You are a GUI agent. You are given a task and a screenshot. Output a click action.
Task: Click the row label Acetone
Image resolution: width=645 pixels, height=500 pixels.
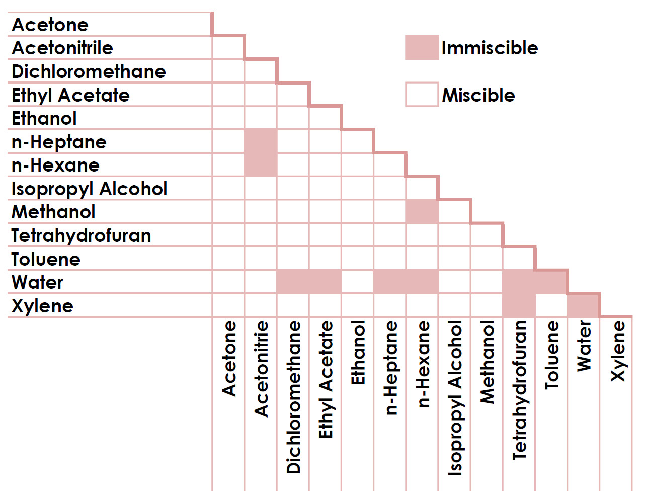50,25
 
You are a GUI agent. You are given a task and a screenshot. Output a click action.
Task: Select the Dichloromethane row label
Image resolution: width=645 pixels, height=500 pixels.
89,71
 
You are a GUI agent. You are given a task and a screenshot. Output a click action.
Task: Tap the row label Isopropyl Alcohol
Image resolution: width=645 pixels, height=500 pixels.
89,189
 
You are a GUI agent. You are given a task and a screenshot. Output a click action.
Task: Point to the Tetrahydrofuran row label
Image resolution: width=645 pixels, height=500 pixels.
81,235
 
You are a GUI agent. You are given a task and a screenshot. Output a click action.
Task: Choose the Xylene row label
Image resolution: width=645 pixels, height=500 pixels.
42,306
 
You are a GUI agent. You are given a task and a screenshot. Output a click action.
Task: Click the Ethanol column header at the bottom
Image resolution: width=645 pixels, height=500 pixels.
358,353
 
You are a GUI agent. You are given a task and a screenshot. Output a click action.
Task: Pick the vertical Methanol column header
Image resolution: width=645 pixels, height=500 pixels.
487,362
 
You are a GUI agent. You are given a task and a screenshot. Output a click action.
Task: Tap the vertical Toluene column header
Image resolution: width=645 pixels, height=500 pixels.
552,355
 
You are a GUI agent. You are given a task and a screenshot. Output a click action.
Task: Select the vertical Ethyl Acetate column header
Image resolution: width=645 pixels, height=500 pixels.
326,379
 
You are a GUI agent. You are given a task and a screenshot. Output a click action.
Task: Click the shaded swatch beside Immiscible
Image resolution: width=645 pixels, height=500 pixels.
422,48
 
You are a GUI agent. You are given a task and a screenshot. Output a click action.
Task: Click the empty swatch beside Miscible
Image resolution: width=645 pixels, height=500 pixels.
422,95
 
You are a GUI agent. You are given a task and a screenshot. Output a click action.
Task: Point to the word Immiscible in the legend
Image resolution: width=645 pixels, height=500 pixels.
490,48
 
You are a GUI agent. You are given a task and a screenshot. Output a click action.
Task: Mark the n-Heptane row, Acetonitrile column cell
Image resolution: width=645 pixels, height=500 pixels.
261,141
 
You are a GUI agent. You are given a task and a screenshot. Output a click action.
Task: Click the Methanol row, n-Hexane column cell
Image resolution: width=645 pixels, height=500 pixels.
422,212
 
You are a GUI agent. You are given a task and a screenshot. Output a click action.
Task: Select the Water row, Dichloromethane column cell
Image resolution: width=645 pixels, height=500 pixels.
293,282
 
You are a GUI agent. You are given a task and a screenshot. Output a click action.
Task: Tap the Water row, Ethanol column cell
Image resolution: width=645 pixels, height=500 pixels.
357,282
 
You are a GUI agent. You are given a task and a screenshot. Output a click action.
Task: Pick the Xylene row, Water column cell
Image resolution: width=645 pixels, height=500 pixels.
583,305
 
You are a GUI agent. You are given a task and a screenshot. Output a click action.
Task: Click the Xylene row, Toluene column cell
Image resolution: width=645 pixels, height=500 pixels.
551,305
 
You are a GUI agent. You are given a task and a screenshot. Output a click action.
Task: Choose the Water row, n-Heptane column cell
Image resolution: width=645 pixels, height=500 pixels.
389,282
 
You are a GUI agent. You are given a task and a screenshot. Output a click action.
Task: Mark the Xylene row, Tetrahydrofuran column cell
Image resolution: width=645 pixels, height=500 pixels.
519,305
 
